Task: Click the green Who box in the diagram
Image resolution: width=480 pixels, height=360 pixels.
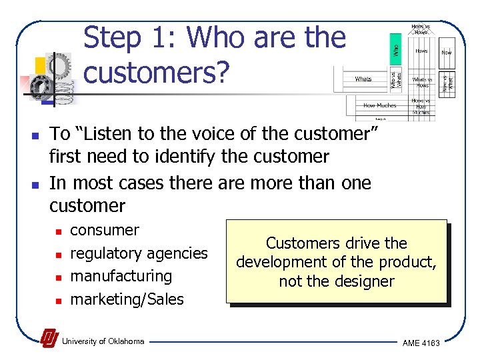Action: pos(395,50)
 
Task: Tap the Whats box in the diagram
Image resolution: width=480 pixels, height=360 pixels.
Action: pos(363,79)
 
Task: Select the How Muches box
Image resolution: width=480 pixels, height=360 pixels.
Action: pos(379,105)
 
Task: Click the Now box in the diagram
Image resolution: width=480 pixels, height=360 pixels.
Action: pos(446,52)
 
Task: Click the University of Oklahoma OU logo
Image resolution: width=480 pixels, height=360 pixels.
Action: pos(49,339)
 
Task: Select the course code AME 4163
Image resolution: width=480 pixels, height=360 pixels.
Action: pos(421,343)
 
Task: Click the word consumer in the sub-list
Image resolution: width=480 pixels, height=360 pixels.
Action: pos(105,231)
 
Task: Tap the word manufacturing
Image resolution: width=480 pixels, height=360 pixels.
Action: pos(121,276)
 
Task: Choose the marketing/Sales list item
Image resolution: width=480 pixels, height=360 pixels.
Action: pos(127,299)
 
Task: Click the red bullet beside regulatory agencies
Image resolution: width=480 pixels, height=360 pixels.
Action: pos(58,255)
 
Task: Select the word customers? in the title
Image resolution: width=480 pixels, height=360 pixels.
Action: pos(155,73)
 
